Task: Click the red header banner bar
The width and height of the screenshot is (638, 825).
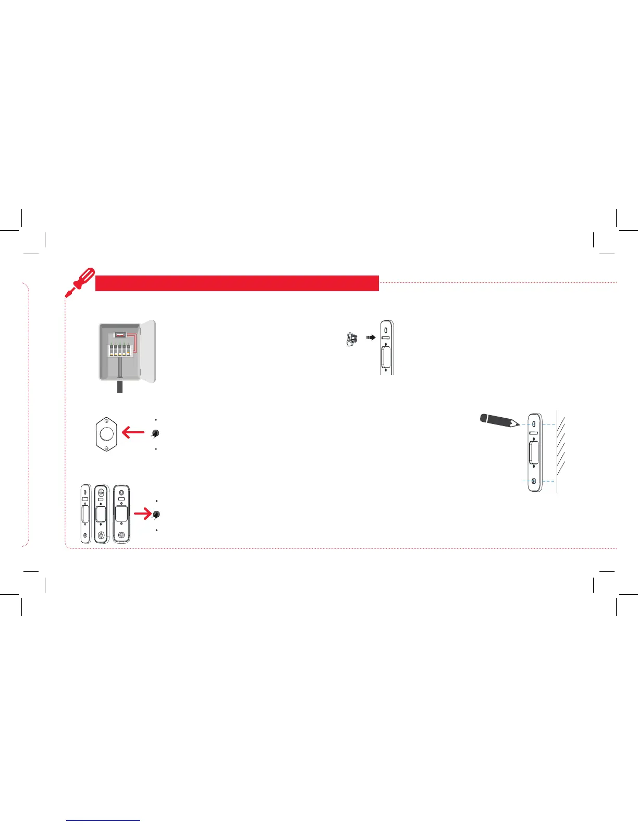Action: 237,283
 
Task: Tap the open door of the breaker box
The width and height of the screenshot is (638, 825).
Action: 149,352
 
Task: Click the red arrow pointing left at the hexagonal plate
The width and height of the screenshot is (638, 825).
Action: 133,432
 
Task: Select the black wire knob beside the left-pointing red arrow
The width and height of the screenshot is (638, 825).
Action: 155,433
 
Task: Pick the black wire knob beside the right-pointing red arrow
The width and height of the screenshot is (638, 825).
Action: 156,515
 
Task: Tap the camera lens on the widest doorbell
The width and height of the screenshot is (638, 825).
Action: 121,492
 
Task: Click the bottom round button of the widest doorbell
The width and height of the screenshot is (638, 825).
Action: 121,535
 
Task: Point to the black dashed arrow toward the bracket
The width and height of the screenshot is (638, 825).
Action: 371,337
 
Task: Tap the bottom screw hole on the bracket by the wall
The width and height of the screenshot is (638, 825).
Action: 534,481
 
